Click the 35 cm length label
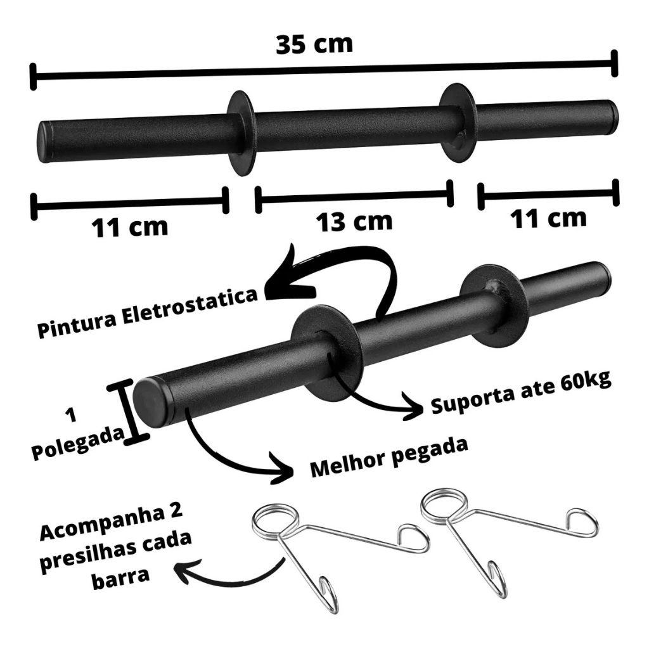click(x=314, y=44)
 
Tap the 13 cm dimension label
click(x=354, y=221)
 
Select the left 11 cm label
click(x=129, y=227)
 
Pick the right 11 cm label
click(x=548, y=218)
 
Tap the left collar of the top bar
click(x=240, y=132)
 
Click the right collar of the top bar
click(x=458, y=122)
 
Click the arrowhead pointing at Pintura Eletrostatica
click(x=283, y=275)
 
